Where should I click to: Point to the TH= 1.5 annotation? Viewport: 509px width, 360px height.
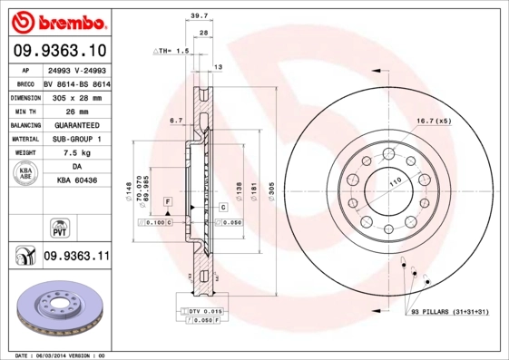click(x=172, y=51)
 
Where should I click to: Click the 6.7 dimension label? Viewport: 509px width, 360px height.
click(x=176, y=120)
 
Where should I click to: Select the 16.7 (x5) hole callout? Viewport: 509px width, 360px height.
click(x=433, y=120)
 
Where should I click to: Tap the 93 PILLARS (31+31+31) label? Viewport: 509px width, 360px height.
click(x=451, y=313)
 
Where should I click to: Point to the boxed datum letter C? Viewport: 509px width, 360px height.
click(x=221, y=208)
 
